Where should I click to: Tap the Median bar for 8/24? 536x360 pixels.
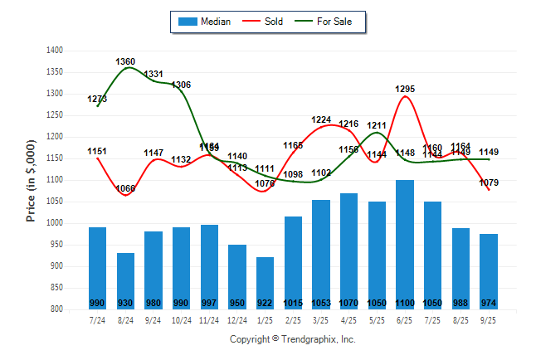125,281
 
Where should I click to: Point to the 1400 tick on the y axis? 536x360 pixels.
56,51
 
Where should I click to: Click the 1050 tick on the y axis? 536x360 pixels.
56,202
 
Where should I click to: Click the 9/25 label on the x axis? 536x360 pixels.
489,319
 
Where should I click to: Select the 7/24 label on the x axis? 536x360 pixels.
97,319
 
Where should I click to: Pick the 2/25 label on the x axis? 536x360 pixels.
293,319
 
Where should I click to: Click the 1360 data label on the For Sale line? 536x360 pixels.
125,61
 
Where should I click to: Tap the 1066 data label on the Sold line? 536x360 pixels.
125,188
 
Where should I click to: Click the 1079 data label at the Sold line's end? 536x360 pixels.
489,182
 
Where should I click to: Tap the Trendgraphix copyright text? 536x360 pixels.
292,339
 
